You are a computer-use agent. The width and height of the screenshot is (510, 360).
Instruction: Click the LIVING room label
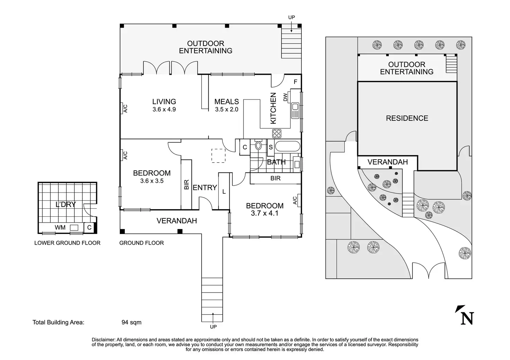(164, 101)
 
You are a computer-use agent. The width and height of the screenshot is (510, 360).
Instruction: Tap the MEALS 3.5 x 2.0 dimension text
(227, 109)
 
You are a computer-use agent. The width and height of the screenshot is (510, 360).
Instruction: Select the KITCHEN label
(273, 108)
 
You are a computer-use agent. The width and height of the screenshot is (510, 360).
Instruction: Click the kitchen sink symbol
(295, 110)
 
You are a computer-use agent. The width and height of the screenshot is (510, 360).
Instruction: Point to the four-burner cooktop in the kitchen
(277, 133)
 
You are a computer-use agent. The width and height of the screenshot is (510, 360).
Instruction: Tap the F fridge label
(295, 82)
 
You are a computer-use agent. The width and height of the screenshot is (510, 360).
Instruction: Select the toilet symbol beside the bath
(258, 145)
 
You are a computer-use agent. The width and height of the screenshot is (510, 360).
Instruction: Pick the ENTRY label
(205, 188)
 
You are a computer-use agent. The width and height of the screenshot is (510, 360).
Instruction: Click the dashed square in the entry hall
(218, 155)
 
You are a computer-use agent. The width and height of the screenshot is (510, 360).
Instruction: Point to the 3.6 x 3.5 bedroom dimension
(152, 181)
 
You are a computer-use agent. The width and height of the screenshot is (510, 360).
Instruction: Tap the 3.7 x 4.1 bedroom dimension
(265, 213)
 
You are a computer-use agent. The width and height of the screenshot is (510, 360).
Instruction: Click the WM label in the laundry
(60, 227)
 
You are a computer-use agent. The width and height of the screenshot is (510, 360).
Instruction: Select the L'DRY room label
(66, 204)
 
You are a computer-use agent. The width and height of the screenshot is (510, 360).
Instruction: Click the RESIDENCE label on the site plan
(407, 118)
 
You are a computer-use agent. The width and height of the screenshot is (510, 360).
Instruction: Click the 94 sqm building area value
(131, 322)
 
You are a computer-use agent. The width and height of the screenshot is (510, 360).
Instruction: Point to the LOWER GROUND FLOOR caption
(67, 243)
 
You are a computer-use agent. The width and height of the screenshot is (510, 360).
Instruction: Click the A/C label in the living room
(126, 108)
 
